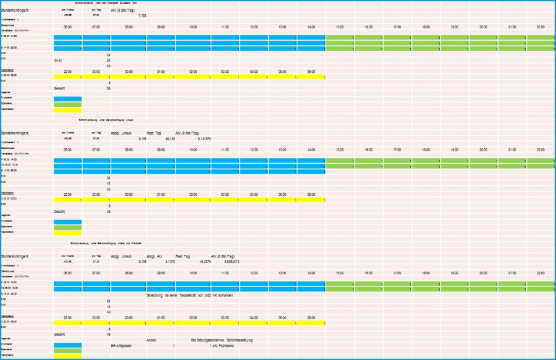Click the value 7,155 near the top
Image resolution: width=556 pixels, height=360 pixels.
pos(142,15)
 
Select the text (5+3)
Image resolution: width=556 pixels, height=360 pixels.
pos(57,60)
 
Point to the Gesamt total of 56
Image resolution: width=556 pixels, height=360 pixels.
pos(109,88)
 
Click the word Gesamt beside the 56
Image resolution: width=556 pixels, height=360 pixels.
pos(59,88)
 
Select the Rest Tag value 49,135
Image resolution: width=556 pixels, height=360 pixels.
pos(171,138)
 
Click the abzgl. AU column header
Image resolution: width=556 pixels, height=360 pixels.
pos(155,255)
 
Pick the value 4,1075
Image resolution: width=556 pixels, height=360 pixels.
pos(171,261)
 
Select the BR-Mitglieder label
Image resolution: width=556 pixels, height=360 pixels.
pos(123,345)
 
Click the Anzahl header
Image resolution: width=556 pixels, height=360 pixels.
pos(151,340)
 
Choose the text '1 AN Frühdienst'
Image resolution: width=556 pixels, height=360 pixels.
pos(222,345)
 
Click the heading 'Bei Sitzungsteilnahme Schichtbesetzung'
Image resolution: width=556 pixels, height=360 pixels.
pos(222,340)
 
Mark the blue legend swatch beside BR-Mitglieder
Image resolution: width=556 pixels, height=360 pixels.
pos(67,345)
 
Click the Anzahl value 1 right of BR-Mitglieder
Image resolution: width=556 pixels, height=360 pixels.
pos(174,345)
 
